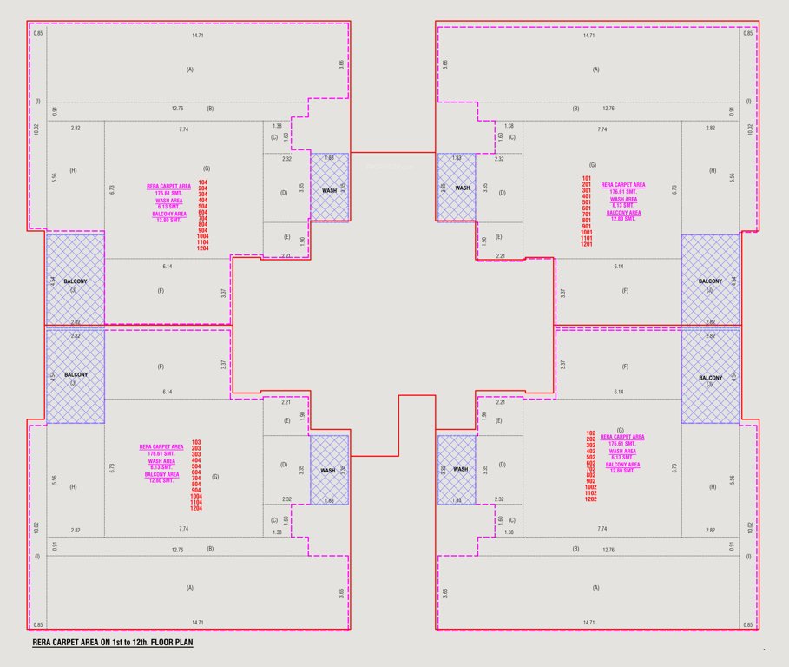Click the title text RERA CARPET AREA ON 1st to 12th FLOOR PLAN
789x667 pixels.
(112, 644)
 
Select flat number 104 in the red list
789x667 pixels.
(203, 182)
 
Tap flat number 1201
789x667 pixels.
(586, 244)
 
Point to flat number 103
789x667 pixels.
(196, 442)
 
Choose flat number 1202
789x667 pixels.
(590, 499)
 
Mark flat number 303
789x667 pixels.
(196, 455)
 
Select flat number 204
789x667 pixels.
(203, 188)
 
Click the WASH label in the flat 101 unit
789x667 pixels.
(463, 188)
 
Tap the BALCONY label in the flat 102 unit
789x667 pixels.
(710, 378)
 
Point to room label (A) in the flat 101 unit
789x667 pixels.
(595, 69)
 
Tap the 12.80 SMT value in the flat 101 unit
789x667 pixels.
(623, 219)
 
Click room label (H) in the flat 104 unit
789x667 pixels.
(73, 171)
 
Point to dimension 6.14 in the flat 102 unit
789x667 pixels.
(619, 393)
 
